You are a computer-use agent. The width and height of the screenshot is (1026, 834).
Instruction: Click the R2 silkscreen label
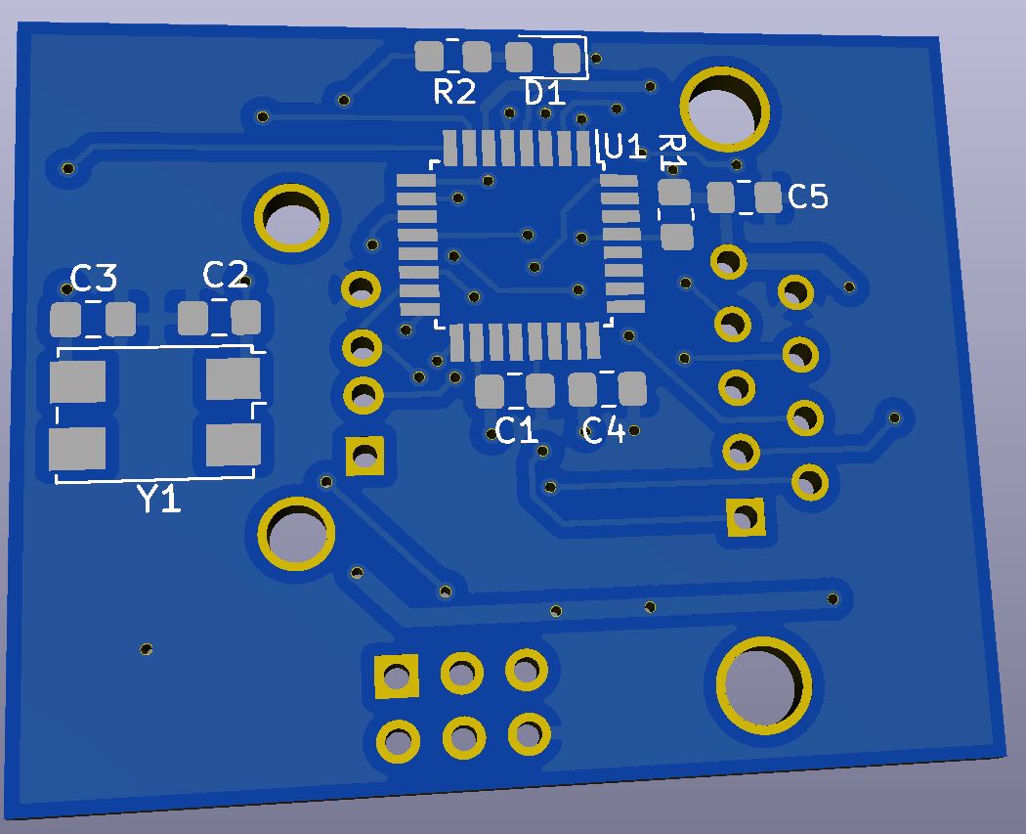click(x=454, y=93)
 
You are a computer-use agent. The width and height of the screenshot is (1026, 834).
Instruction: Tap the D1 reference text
click(x=544, y=94)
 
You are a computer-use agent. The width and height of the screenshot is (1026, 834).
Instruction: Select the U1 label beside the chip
click(x=624, y=147)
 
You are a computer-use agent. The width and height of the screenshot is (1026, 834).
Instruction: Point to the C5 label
click(x=807, y=198)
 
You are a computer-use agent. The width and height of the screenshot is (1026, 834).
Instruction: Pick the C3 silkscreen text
click(x=94, y=280)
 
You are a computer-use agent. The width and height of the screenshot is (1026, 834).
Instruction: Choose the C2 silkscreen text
click(x=225, y=276)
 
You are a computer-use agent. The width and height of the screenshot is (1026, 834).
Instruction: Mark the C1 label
click(x=516, y=430)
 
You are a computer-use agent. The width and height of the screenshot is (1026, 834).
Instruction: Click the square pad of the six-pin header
click(x=397, y=676)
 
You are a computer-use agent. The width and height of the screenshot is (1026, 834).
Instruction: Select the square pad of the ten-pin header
click(x=746, y=517)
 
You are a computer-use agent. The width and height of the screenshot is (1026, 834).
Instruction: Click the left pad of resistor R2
click(x=428, y=56)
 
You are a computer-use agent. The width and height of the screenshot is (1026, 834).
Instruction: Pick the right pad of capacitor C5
click(x=769, y=198)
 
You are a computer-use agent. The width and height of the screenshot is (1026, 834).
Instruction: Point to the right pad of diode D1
click(x=567, y=57)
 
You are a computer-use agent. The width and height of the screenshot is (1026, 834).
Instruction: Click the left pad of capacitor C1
click(x=490, y=392)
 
